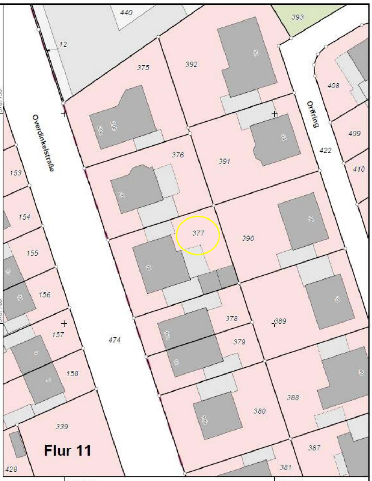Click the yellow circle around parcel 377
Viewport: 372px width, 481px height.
pyautogui.click(x=198, y=235)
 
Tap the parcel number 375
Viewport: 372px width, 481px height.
pyautogui.click(x=143, y=68)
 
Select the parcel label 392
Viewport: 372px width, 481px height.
pyautogui.click(x=191, y=64)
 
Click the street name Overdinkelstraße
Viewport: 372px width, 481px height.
pyautogui.click(x=43, y=143)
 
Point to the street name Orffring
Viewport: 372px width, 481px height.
pyautogui.click(x=312, y=114)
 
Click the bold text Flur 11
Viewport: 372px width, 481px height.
pyautogui.click(x=68, y=450)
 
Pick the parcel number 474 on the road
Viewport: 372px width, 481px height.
pyautogui.click(x=115, y=340)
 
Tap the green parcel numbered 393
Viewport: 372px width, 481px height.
pyautogui.click(x=297, y=17)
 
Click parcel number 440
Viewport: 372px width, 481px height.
pyautogui.click(x=126, y=13)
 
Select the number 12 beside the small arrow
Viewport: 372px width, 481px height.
pyautogui.click(x=63, y=44)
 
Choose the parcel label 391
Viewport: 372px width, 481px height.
pyautogui.click(x=225, y=161)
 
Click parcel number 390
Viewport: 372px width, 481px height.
pyautogui.click(x=248, y=238)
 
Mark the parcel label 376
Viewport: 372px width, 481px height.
pyautogui.click(x=178, y=155)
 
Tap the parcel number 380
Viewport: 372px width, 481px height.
pyautogui.click(x=260, y=411)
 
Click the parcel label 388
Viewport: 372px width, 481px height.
pyautogui.click(x=293, y=397)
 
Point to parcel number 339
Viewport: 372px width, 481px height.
pyautogui.click(x=62, y=427)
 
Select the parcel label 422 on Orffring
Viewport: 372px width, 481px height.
pyautogui.click(x=325, y=150)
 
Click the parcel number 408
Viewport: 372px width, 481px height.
pyautogui.click(x=333, y=85)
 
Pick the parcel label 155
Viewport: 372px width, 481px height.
pyautogui.click(x=32, y=253)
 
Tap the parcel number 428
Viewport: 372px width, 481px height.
pyautogui.click(x=11, y=469)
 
